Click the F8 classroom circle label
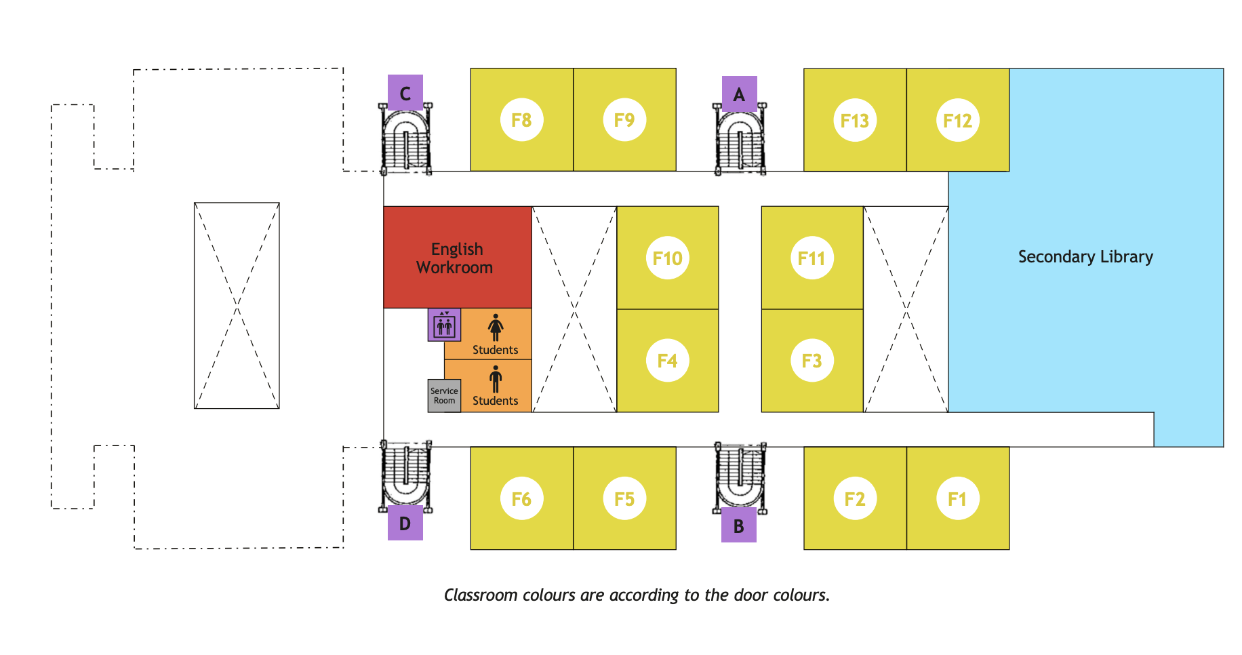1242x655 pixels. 521,120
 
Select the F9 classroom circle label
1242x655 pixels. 624,120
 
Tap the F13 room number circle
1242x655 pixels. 854,121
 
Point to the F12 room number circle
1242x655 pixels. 957,121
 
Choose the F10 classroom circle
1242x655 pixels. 667,258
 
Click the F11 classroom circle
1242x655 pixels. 812,258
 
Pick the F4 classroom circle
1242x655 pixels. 667,361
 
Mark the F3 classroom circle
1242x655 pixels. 812,361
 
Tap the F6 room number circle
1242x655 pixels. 521,499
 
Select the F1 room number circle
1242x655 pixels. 957,499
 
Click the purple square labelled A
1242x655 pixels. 739,94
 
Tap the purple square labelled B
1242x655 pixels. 739,525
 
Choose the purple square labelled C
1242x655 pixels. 405,93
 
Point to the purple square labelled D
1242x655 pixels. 405,523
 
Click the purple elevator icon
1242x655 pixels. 444,325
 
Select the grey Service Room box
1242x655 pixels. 444,395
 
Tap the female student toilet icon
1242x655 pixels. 496,327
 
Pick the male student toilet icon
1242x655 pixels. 496,379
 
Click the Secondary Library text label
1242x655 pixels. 1085,257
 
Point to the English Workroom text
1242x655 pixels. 456,258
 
